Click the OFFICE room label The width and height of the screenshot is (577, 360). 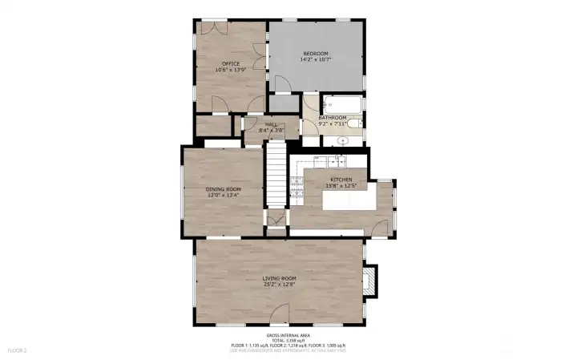click(x=231, y=63)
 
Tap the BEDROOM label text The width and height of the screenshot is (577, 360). click(x=316, y=53)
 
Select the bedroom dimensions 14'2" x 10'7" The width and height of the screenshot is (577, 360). click(x=316, y=59)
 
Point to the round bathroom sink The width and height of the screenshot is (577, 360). click(x=342, y=140)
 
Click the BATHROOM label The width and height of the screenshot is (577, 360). click(x=332, y=118)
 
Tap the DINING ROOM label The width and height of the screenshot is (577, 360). click(x=224, y=189)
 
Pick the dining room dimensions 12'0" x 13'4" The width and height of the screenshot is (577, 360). click(x=224, y=195)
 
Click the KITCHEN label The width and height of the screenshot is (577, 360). click(x=341, y=180)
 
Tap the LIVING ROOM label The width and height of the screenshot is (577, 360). click(x=279, y=277)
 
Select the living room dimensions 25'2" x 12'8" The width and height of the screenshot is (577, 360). click(x=279, y=284)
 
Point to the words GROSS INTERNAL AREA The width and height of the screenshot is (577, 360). click(x=288, y=335)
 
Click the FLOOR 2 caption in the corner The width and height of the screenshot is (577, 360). click(x=17, y=350)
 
